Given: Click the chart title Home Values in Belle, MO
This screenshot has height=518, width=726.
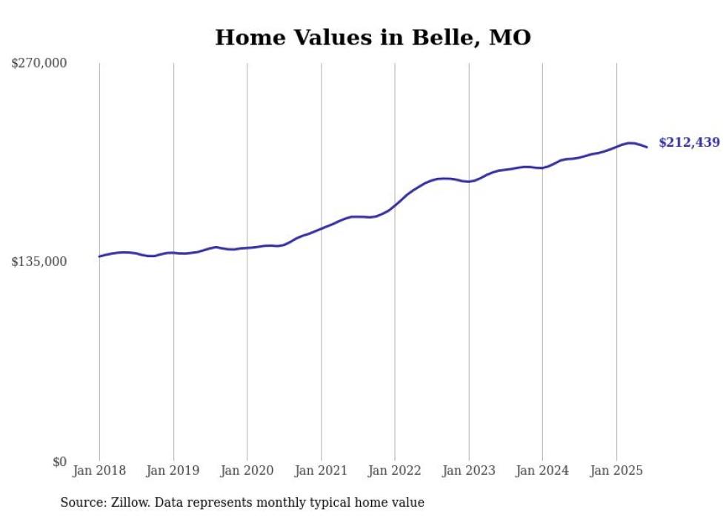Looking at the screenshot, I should point(373,38).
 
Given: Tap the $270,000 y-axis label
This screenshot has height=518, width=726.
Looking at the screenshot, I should point(39,63).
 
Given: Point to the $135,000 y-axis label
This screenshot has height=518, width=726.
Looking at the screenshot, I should point(39,262).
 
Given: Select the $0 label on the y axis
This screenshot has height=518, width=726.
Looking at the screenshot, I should point(59,462).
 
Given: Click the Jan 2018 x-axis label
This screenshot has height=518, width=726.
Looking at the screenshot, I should point(99,471).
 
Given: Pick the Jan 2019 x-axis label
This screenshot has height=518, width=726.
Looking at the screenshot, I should point(173,471).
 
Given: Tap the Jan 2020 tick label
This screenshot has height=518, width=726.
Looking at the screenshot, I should point(247,471).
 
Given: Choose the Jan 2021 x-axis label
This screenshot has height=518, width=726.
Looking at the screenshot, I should point(321,471).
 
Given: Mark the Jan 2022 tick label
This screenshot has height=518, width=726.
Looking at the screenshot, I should point(395,471).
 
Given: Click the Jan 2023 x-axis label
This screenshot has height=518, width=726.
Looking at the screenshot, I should point(468,471).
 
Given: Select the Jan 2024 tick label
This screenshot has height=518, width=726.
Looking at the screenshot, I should point(542,471).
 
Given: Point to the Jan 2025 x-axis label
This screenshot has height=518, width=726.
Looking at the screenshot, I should point(616,471).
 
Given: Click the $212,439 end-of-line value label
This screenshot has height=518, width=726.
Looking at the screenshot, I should point(689,142).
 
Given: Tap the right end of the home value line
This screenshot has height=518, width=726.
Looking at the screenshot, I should point(647,147).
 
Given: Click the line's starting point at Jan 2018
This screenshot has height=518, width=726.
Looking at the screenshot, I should point(99,256).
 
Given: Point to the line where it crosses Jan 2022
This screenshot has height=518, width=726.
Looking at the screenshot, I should point(395,205).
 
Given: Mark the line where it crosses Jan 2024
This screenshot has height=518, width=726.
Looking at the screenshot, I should point(542,168).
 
